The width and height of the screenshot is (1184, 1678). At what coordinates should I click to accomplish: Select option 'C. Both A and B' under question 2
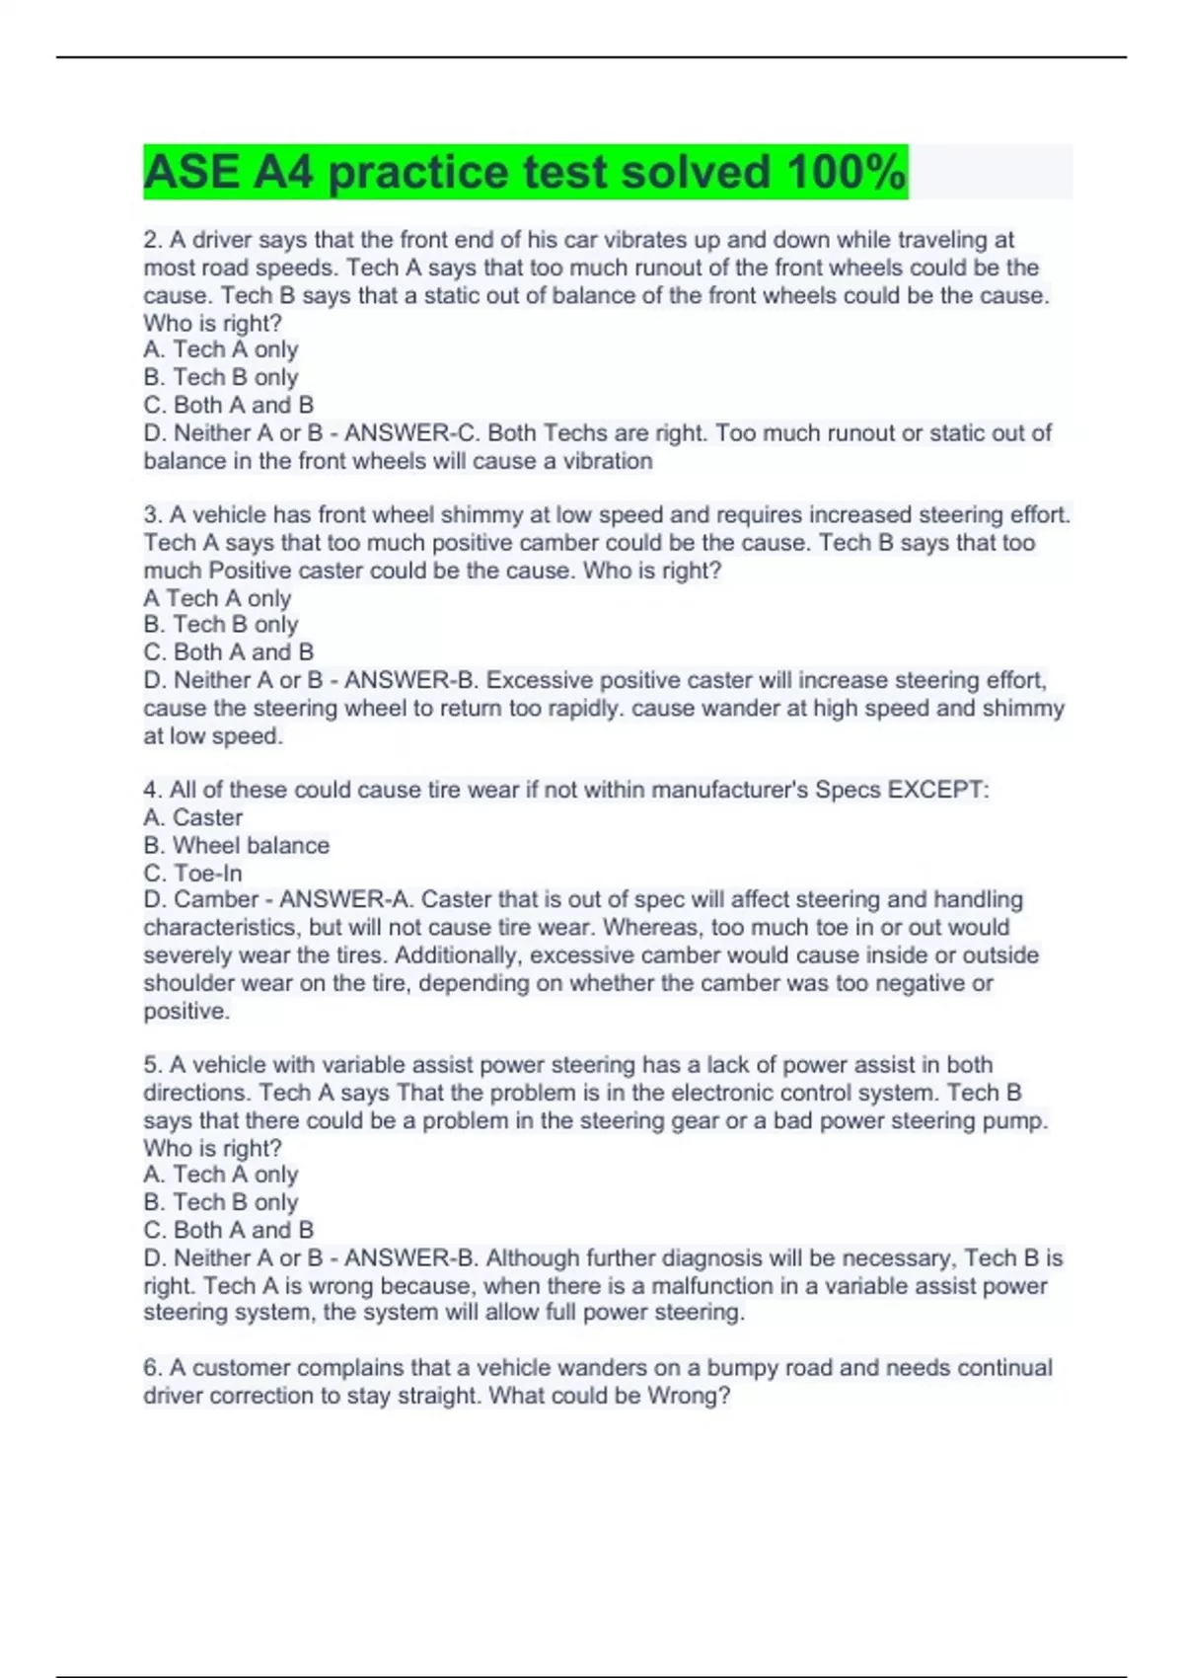(x=228, y=405)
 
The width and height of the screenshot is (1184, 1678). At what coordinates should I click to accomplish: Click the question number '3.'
(x=153, y=515)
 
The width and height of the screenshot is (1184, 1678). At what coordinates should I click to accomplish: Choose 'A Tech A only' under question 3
(x=217, y=598)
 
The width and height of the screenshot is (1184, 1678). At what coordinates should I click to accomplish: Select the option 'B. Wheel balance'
(x=236, y=845)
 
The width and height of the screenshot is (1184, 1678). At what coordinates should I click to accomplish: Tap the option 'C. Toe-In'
(x=192, y=873)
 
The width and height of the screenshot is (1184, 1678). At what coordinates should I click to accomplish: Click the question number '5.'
(x=153, y=1065)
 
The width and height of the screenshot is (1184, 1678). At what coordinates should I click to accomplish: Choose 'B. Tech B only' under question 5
(x=220, y=1202)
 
